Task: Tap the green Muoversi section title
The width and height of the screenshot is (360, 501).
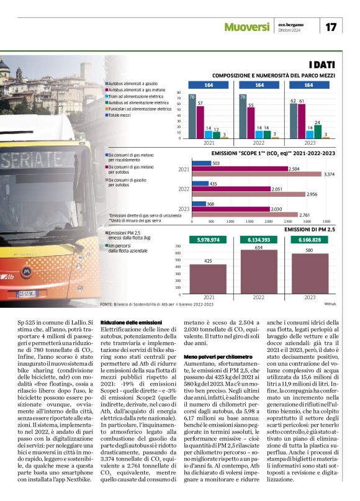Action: (246, 27)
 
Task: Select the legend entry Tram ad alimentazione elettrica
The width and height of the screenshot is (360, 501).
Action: (135, 96)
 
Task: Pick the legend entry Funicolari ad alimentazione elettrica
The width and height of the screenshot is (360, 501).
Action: (139, 108)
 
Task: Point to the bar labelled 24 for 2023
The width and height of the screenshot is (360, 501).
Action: (317, 131)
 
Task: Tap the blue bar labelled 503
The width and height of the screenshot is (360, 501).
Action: (201, 163)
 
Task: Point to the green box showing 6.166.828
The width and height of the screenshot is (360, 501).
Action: (308, 240)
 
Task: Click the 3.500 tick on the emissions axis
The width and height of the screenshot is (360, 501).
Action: (326, 220)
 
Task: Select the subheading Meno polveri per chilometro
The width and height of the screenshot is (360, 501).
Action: (218, 358)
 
